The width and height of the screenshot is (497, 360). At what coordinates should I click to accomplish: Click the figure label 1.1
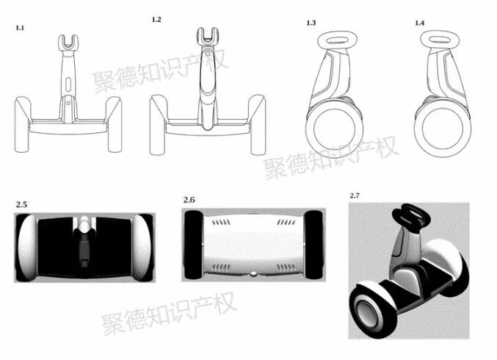click(x=20, y=28)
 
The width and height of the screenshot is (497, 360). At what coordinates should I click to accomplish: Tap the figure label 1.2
click(x=156, y=20)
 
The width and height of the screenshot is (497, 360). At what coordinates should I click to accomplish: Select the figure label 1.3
click(x=311, y=23)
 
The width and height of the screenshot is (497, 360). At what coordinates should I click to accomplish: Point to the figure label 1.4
click(x=419, y=23)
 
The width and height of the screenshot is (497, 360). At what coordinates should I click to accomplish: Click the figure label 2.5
click(x=21, y=204)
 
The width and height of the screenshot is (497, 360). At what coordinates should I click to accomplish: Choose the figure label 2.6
click(x=189, y=200)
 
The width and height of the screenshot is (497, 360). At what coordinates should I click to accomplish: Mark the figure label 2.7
click(x=355, y=195)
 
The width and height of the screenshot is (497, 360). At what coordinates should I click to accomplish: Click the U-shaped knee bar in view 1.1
click(x=68, y=44)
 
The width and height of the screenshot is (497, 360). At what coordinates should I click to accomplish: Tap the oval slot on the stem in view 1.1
click(x=69, y=84)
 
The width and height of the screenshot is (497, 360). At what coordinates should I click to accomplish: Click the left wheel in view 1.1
click(x=23, y=124)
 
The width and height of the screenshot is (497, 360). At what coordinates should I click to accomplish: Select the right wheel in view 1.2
click(x=257, y=125)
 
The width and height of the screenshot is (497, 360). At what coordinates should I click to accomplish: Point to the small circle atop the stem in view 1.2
click(x=208, y=54)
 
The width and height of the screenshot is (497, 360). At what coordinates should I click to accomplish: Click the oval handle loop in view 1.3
click(x=337, y=40)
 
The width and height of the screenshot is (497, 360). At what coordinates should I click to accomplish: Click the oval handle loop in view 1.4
click(x=440, y=40)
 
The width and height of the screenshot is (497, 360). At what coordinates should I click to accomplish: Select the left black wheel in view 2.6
click(x=193, y=245)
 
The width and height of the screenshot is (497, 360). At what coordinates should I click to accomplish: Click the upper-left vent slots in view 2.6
click(x=221, y=223)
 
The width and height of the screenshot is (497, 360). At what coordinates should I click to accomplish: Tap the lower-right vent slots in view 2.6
click(x=286, y=268)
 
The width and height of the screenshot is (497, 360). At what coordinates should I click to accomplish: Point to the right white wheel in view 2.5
click(x=142, y=248)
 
